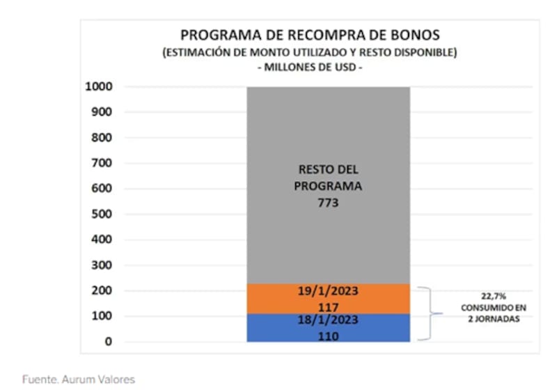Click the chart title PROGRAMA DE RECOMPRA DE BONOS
(x=310, y=35)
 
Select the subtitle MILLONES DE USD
(x=310, y=68)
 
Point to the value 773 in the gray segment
(x=328, y=203)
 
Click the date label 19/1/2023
(x=328, y=291)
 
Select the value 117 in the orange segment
(x=328, y=306)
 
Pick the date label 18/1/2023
(x=328, y=320)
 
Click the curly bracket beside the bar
(x=430, y=313)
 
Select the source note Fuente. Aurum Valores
(x=78, y=380)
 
